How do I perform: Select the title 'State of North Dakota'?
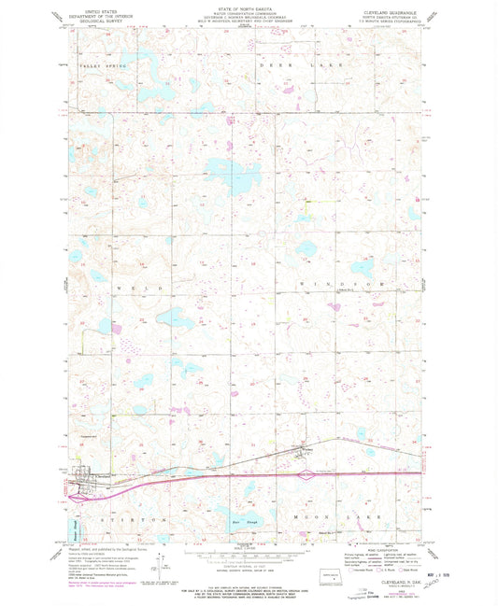click(x=248, y=7)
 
